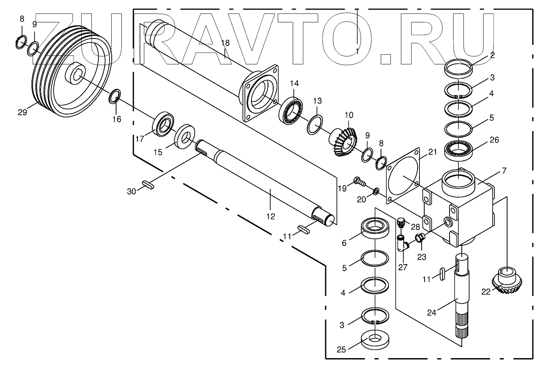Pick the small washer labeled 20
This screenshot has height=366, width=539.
coord(375,191)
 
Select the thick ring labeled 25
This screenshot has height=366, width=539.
coord(375,340)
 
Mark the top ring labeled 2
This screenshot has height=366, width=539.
coord(459,69)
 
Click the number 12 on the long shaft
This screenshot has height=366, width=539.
coord(271,216)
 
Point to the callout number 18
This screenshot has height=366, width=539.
coord(225,43)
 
